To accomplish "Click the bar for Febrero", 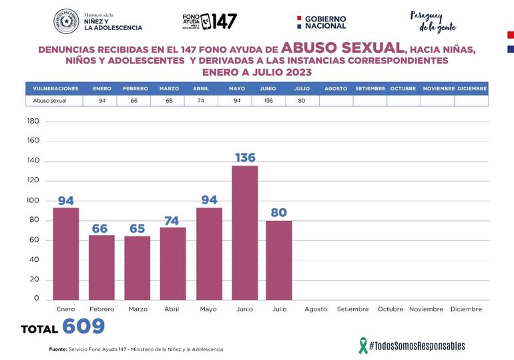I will (x=101, y=267).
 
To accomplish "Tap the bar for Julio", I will (x=279, y=260).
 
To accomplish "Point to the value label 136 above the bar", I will (x=244, y=158).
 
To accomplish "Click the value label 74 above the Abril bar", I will (x=173, y=220).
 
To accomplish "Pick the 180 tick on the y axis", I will (x=33, y=122).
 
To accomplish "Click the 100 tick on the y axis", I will (x=33, y=200).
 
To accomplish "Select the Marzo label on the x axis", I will (x=138, y=309).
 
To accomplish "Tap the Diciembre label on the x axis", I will (x=466, y=309).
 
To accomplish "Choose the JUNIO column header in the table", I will (x=268, y=88).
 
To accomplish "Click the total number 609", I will (x=83, y=327).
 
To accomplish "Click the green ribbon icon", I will (x=363, y=345).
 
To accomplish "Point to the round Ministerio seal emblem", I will (x=66, y=21).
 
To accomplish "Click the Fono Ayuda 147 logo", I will (x=209, y=21).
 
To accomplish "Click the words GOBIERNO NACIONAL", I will (x=325, y=22).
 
